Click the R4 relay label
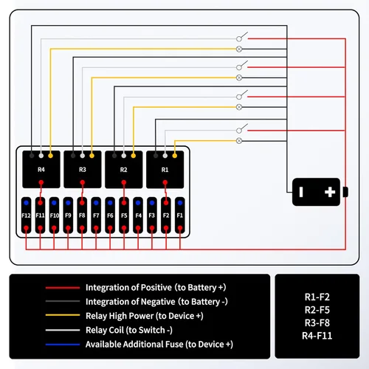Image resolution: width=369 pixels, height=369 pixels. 41,170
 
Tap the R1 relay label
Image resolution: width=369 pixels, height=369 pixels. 165,170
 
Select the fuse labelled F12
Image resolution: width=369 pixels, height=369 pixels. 26,215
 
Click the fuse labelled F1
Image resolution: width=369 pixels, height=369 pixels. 180,215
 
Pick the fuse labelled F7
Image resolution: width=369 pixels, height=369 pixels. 96,215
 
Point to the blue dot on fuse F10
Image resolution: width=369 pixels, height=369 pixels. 54,203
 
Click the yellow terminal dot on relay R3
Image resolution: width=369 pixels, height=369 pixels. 92,156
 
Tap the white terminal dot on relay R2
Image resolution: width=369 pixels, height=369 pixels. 124,156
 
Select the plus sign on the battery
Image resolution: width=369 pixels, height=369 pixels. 330,192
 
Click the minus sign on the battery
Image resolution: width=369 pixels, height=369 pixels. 301,192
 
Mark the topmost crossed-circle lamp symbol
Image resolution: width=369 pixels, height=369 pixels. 239,49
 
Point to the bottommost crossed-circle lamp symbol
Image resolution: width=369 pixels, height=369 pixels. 239,141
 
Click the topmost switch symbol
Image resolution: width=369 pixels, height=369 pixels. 242,37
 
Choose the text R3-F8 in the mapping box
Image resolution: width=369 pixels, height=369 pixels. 317,323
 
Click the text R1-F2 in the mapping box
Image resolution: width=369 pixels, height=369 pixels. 317,297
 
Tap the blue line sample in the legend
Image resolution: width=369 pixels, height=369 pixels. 63,345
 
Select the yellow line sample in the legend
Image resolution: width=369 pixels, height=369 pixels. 63,315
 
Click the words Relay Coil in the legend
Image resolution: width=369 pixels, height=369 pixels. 104,330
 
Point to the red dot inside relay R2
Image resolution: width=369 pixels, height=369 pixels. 124,182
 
